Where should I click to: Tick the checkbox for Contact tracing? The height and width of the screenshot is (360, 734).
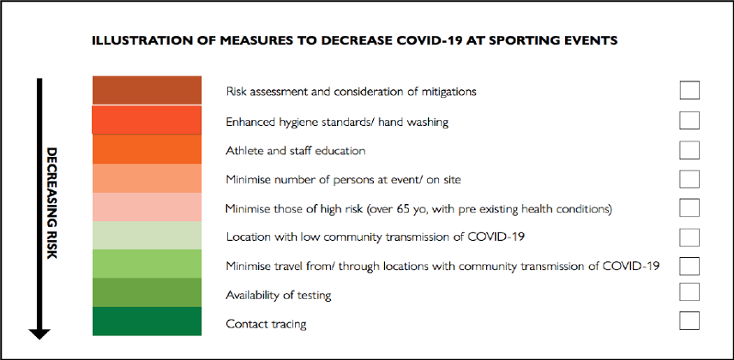pos(689,321)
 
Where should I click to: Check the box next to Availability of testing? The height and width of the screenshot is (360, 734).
pos(689,291)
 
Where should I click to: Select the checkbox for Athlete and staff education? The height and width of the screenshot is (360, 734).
pos(689,150)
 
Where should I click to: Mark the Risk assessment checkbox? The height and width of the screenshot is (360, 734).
pos(689,90)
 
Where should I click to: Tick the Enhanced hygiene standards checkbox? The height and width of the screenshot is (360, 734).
pos(689,120)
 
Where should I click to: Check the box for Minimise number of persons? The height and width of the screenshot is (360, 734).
pos(689,179)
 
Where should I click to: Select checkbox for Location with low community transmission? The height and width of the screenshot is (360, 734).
pos(689,237)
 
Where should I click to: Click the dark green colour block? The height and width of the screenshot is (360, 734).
pos(147,321)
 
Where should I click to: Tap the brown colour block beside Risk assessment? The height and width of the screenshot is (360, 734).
pos(147,90)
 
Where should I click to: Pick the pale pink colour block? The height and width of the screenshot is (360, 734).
pos(147,207)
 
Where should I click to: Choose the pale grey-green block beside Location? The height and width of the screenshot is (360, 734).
pos(147,235)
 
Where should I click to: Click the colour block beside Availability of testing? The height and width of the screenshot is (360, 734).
pos(147,292)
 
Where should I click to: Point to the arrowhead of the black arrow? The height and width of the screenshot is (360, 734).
pos(39,333)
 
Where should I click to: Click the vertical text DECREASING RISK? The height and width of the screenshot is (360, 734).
pos(51,203)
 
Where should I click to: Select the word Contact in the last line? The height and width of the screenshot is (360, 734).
pos(242,323)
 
